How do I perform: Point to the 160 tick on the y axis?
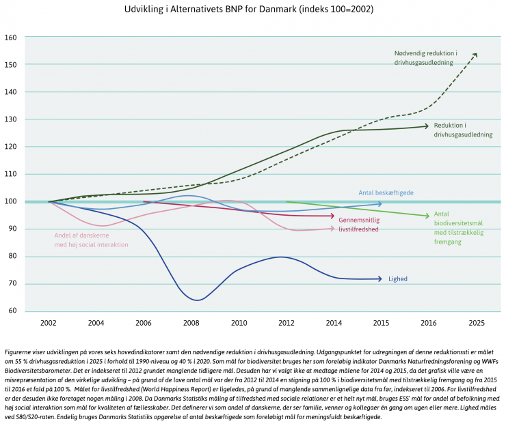point(10,37)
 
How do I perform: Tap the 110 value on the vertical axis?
point(10,174)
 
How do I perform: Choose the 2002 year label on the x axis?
point(49,323)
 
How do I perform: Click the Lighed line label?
point(399,279)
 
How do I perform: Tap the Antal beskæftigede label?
point(386,193)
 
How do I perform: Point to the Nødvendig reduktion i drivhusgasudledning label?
point(426,58)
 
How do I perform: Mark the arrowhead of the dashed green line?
point(475,54)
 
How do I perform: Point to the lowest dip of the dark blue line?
point(197,300)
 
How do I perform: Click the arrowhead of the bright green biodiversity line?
point(427,216)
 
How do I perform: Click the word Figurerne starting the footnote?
point(20,351)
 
